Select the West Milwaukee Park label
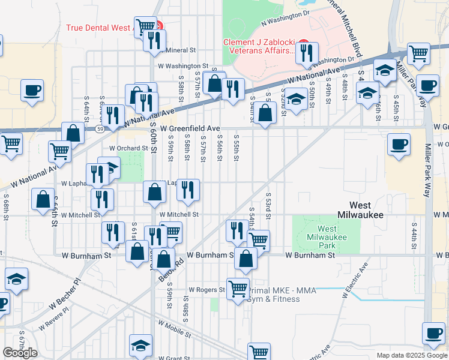click(x=327, y=237)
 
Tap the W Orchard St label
click(x=128, y=148)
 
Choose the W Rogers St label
click(x=206, y=289)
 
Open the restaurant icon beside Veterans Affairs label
click(x=307, y=53)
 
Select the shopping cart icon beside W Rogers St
click(x=238, y=289)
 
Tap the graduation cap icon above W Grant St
click(x=140, y=345)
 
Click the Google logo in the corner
click(x=20, y=353)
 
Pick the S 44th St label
click(x=414, y=235)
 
